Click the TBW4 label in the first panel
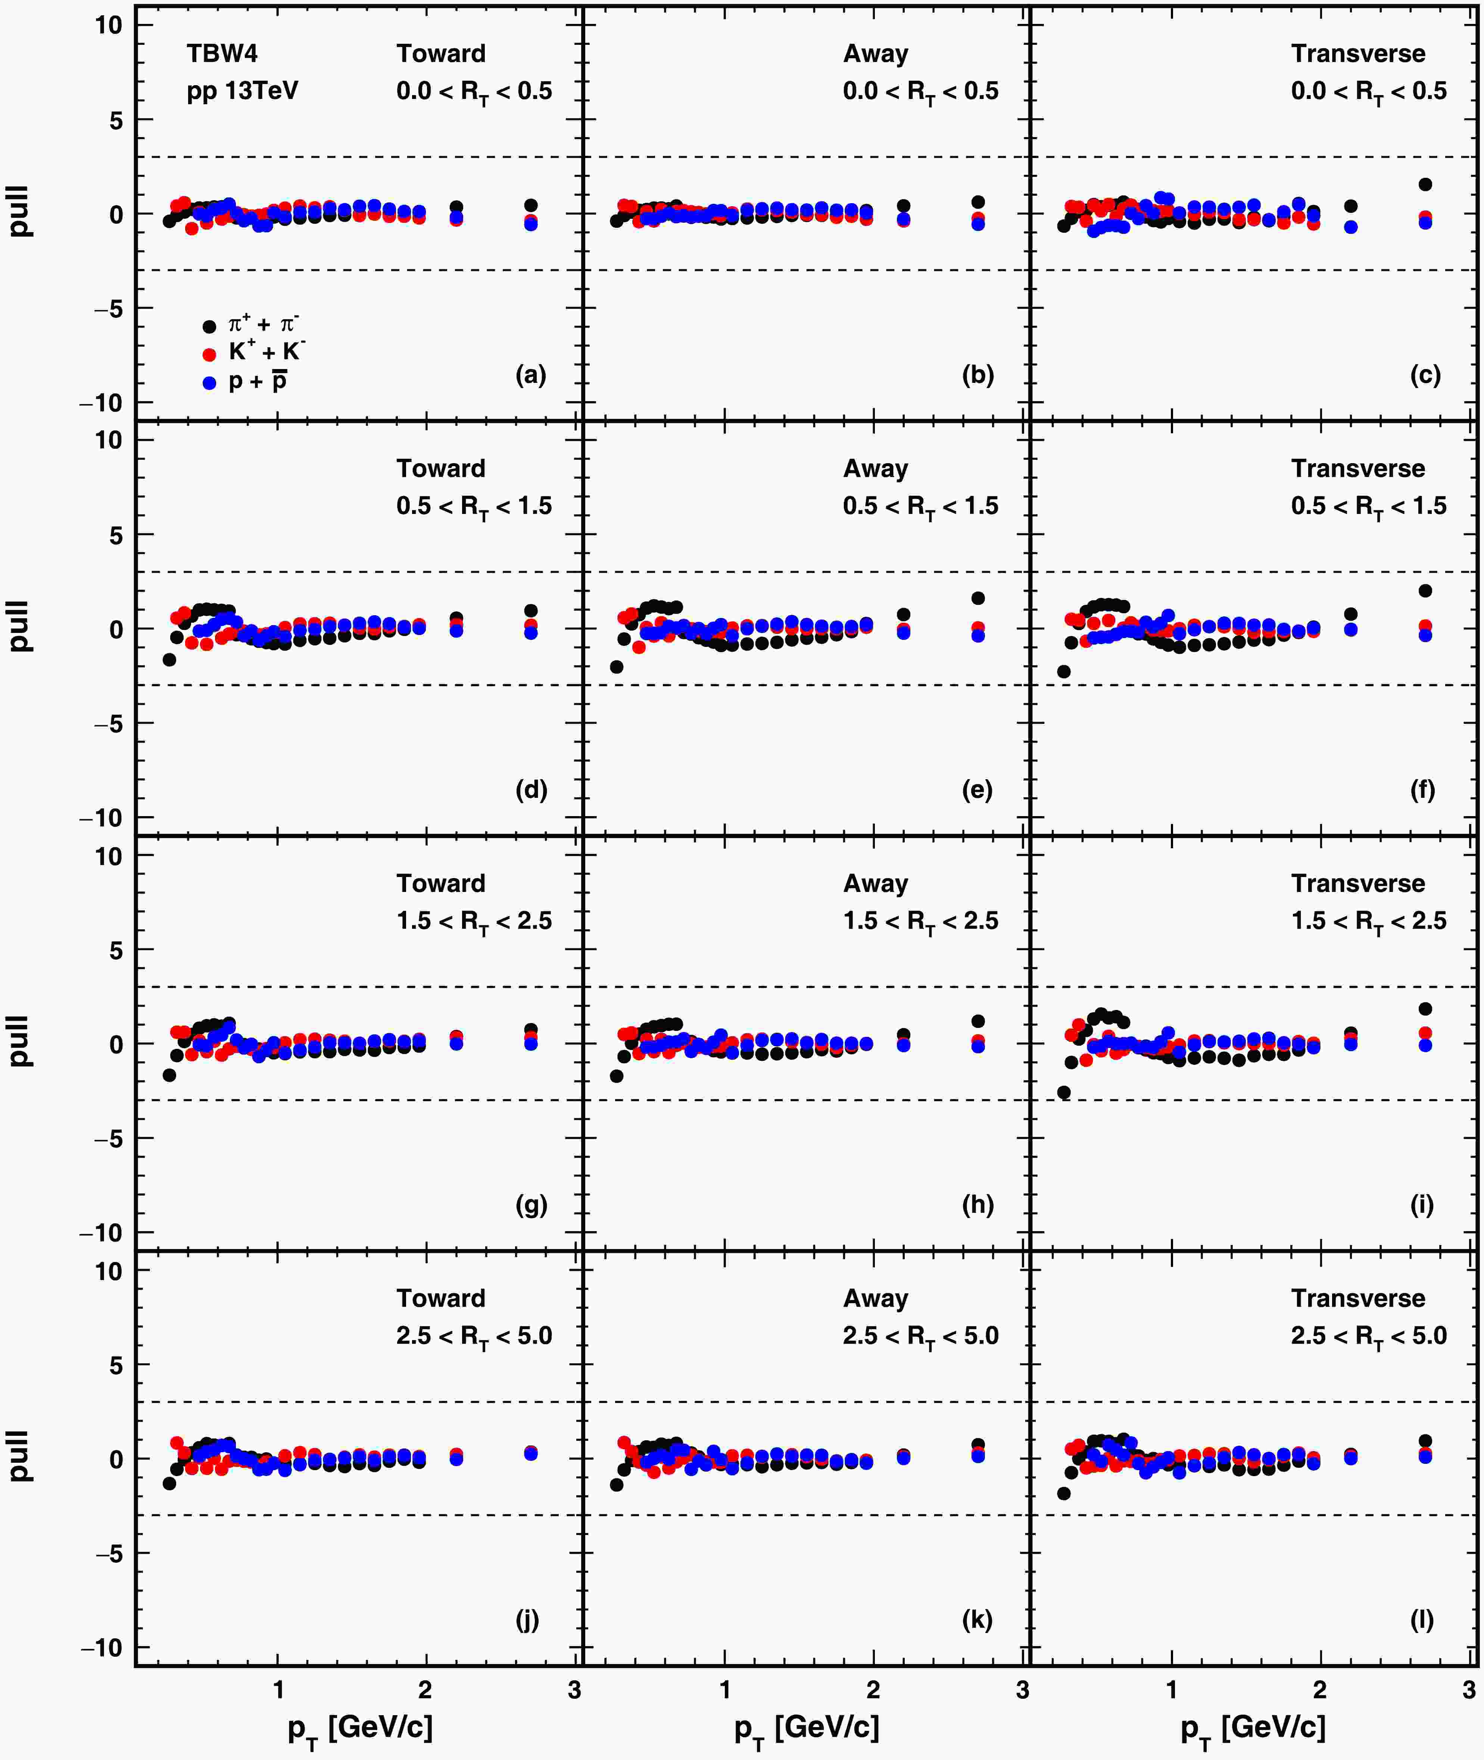[222, 54]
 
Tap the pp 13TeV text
[242, 91]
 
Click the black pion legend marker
[209, 326]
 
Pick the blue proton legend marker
[209, 383]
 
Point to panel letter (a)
[531, 375]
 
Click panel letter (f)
[1422, 790]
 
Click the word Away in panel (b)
[876, 54]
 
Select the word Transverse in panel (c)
[1358, 54]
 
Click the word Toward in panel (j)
[441, 1299]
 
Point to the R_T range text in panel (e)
[920, 507]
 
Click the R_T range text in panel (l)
[1369, 1337]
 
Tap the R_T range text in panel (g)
[474, 922]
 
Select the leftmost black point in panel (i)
[1063, 1093]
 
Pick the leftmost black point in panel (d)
[169, 660]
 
